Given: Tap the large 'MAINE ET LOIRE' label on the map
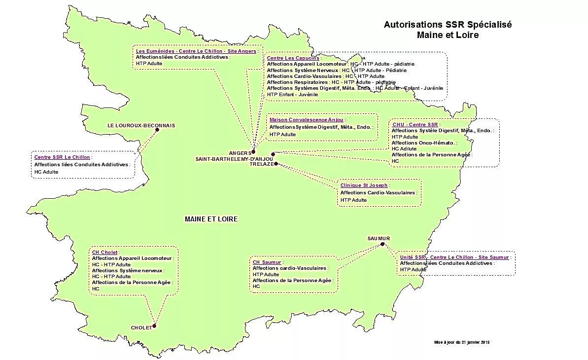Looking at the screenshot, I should click(x=211, y=219).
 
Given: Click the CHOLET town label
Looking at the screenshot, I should click(x=141, y=328).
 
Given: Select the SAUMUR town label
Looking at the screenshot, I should click(x=379, y=239).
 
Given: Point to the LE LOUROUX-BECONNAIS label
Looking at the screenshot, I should click(x=141, y=126).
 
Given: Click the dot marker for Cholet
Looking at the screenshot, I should click(x=154, y=325).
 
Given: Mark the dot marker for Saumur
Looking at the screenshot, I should click(x=382, y=244).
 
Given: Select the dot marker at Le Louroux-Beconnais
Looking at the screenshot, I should click(x=157, y=130).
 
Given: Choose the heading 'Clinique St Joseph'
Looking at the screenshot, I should click(x=364, y=185).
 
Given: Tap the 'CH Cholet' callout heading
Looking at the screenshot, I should click(x=104, y=252).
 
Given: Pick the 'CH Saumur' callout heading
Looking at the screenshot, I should click(x=267, y=262).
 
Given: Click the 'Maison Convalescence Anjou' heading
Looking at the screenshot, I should click(x=306, y=120).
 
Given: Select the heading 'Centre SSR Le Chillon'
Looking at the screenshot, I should click(x=62, y=157).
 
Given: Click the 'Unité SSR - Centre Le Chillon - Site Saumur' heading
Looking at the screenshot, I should click(x=454, y=257).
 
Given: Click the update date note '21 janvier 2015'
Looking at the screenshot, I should click(x=461, y=342).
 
